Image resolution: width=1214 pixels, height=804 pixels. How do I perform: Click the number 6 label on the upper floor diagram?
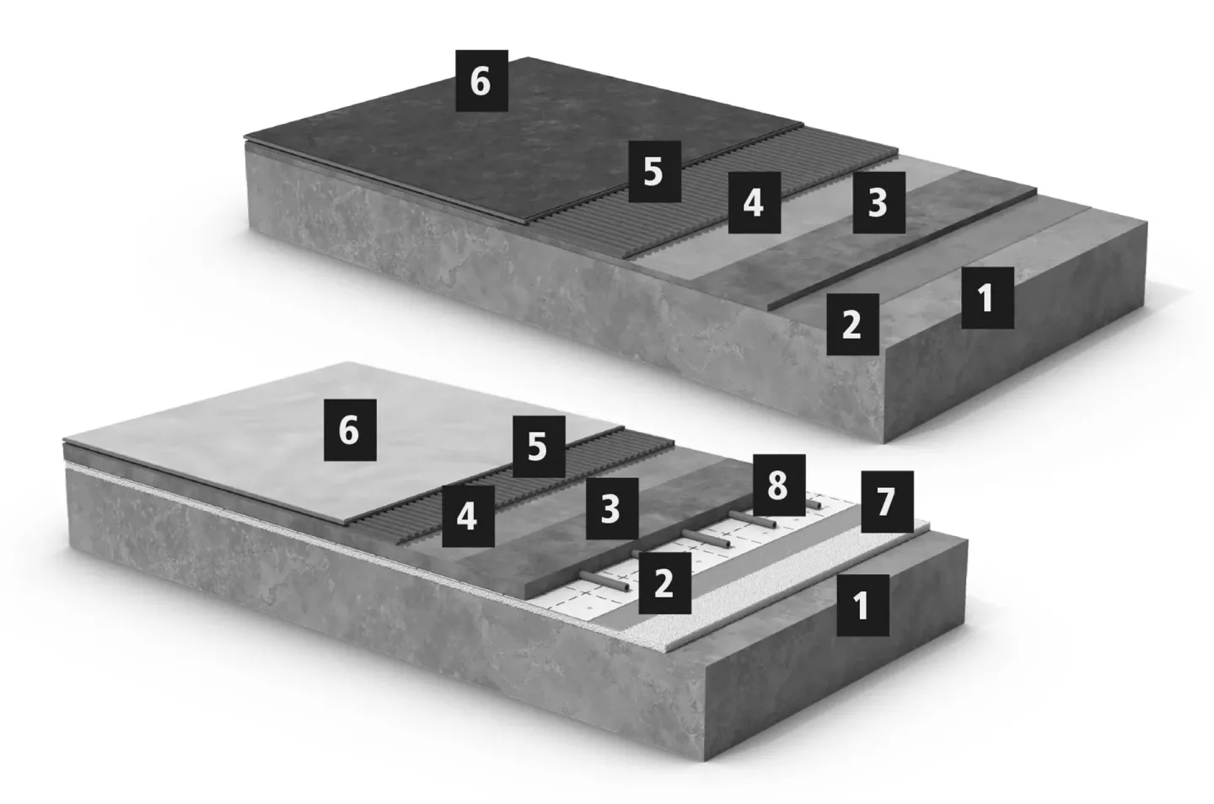tap(482, 81)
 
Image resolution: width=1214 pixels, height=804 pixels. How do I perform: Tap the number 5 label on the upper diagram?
tap(655, 172)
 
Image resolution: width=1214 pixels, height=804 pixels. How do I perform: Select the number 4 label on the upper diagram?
tap(755, 202)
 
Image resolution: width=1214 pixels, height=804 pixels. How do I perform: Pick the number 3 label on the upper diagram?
tap(879, 202)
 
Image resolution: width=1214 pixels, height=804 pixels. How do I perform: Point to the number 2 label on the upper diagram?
tap(852, 324)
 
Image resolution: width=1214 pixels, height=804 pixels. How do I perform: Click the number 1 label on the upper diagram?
tap(987, 297)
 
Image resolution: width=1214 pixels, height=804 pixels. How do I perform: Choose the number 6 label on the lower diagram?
tap(350, 430)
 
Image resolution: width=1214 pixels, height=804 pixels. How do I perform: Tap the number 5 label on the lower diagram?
tap(539, 447)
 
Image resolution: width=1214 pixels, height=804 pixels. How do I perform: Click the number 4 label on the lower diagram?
tap(468, 516)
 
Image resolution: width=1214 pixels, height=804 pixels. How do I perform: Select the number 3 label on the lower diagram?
tap(612, 508)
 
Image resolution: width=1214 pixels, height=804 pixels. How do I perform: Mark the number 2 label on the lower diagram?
tap(665, 583)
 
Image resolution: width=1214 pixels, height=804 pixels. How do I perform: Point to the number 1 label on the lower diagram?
tap(862, 605)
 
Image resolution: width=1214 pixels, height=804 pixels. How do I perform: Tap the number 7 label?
tap(887, 501)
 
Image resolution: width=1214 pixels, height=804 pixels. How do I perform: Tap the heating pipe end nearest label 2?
tap(626, 587)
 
